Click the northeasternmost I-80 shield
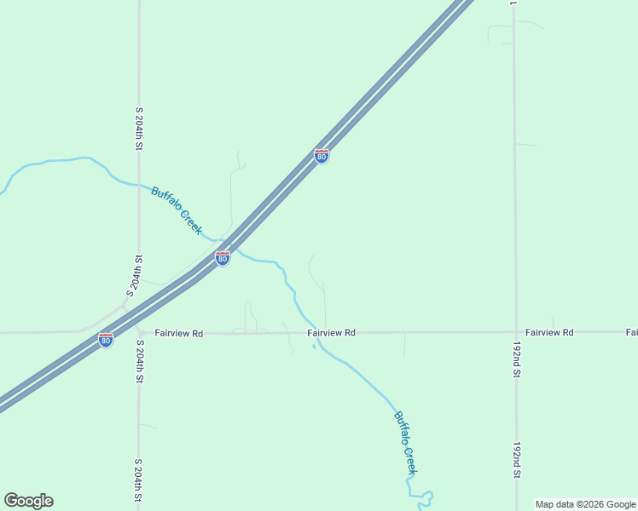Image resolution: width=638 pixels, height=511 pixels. [321, 156]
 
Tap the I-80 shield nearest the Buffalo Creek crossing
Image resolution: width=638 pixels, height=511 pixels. [222, 257]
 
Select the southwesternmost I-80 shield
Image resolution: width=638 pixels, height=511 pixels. [106, 340]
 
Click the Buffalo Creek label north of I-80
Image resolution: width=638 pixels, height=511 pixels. [177, 210]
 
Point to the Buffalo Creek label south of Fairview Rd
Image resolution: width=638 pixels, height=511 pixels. [406, 443]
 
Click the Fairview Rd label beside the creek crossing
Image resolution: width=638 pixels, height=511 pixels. [331, 333]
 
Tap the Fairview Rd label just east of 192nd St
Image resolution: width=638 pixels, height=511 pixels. [549, 331]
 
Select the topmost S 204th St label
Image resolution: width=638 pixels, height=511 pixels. [138, 129]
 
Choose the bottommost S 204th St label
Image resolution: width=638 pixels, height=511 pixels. [138, 481]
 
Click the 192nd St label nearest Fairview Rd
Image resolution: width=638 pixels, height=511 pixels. [516, 361]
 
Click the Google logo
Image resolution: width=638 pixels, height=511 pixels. [28, 501]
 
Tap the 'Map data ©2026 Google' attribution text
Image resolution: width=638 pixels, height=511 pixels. [585, 504]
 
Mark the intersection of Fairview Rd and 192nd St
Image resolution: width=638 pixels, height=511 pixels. [515, 331]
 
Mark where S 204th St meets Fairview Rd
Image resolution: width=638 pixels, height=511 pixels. [138, 332]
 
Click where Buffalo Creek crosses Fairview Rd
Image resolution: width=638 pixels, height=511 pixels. [311, 332]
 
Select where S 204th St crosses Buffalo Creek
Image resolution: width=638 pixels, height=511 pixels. [138, 184]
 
